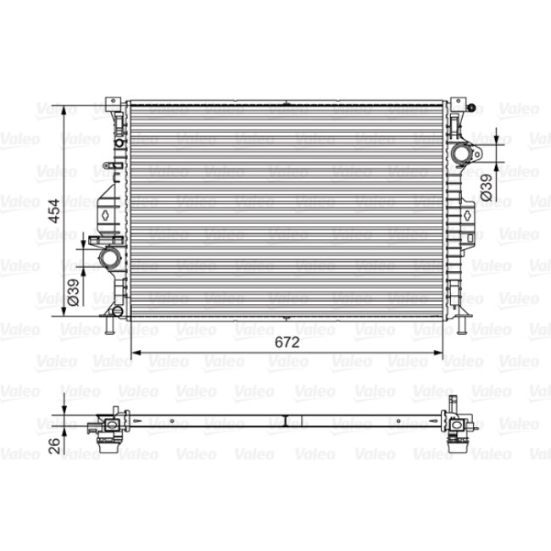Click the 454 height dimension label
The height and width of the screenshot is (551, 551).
click(x=52, y=210)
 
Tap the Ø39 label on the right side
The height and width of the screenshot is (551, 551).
click(x=487, y=186)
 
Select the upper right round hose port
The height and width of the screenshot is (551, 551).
click(x=461, y=154)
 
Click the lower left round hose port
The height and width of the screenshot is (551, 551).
click(x=109, y=257)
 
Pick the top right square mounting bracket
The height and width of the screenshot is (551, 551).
click(x=458, y=103)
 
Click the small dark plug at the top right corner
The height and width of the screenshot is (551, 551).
click(x=472, y=108)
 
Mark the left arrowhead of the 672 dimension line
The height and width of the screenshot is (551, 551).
click(x=130, y=352)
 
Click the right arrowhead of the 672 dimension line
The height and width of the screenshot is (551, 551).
click(x=441, y=352)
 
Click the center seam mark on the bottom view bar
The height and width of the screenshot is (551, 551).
click(x=287, y=420)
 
